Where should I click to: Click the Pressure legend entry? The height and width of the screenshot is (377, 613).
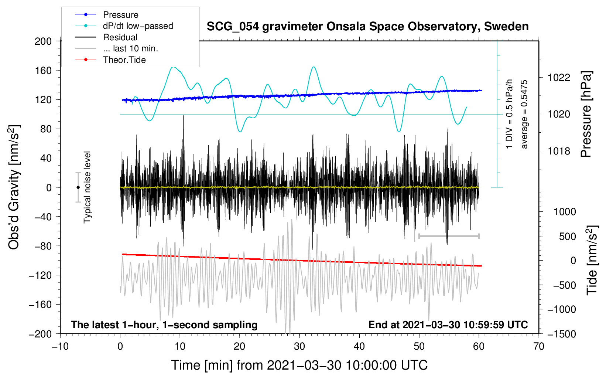click(120, 15)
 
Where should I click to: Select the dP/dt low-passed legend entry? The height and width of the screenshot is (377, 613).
click(138, 26)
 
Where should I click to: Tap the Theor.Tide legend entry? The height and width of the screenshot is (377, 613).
click(124, 60)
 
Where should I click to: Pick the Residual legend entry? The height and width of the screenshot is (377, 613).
click(120, 37)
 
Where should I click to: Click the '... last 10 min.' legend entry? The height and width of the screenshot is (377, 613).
click(130, 48)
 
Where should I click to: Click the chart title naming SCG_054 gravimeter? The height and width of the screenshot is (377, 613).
click(367, 27)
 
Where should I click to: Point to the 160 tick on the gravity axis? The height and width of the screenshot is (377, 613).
click(43, 70)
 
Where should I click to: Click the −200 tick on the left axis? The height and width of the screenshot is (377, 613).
click(40, 334)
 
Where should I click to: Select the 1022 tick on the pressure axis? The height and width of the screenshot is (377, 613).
click(559, 78)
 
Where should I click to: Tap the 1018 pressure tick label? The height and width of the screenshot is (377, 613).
click(559, 151)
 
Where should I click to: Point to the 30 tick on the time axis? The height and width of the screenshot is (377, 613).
click(299, 346)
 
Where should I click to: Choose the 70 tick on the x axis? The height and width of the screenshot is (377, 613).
click(539, 346)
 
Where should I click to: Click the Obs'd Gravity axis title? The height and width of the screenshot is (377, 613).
click(14, 187)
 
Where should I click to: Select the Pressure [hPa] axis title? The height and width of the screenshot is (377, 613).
click(586, 114)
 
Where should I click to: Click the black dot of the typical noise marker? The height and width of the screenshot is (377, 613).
click(78, 187)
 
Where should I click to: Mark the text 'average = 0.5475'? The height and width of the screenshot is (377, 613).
click(524, 114)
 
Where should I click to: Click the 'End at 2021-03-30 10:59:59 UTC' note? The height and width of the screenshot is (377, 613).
click(448, 325)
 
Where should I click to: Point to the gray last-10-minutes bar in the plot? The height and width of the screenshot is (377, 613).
click(449, 236)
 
